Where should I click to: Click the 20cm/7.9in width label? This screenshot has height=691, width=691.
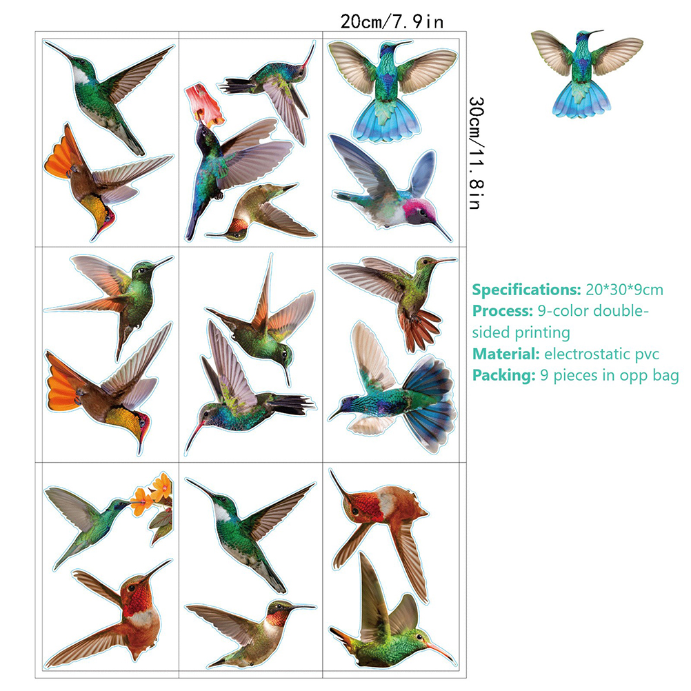(x=392, y=21)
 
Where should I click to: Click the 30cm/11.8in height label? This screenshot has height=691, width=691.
(x=476, y=153)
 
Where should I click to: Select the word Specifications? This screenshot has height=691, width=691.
(x=527, y=290)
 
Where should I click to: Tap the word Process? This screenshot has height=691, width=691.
(x=503, y=311)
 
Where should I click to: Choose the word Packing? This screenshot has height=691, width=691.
(x=503, y=375)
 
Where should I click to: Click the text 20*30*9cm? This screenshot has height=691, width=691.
(x=625, y=290)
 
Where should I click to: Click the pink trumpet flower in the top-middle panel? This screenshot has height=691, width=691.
(x=203, y=105)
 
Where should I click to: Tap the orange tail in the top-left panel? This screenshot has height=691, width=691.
(x=59, y=154)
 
